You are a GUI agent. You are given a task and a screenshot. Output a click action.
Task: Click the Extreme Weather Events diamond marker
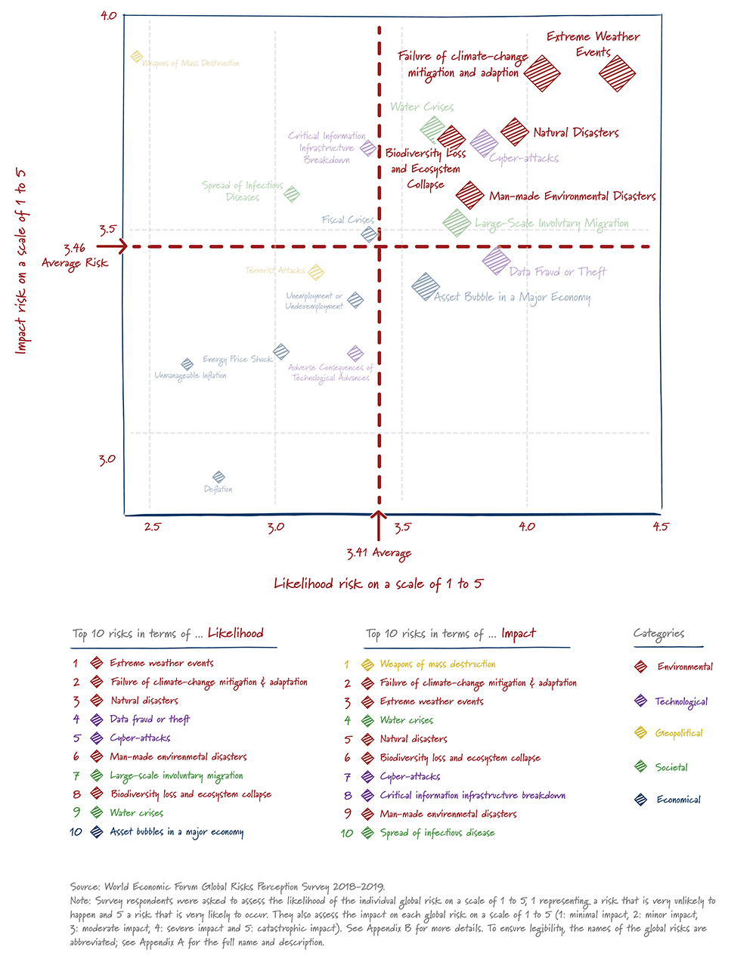tap(617, 74)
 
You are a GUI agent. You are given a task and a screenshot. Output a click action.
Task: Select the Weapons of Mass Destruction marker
tap(137, 57)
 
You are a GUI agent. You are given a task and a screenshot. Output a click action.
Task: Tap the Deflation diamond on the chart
tap(218, 477)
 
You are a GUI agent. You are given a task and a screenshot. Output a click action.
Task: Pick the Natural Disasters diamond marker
tap(515, 131)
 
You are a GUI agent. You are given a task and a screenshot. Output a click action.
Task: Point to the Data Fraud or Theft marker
tap(496, 261)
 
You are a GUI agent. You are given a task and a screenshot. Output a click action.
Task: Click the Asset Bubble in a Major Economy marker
tap(426, 286)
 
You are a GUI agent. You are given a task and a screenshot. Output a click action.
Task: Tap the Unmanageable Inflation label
tap(191, 376)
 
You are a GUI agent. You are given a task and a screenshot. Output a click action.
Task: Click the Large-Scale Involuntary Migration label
tap(551, 224)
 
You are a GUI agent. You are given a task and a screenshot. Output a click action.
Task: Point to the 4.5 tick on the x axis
tap(660, 527)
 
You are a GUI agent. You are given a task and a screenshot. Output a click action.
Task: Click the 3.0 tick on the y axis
tap(107, 459)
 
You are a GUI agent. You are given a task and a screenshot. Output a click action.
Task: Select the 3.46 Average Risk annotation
tap(75, 255)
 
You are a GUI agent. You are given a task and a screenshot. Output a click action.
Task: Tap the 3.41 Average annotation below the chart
tap(379, 553)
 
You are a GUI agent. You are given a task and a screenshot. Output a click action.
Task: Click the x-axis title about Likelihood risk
tap(378, 583)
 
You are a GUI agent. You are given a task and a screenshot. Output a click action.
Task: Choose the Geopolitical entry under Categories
tap(679, 733)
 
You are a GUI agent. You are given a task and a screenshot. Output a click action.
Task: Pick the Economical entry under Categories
tap(678, 800)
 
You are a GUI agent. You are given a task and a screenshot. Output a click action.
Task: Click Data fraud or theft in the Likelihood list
tap(150, 719)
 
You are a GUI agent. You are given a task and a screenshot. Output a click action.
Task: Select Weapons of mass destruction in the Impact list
tap(438, 664)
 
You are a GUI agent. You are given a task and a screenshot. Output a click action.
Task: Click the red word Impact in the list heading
tap(518, 634)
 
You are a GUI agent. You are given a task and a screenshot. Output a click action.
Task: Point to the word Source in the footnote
tap(84, 886)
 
